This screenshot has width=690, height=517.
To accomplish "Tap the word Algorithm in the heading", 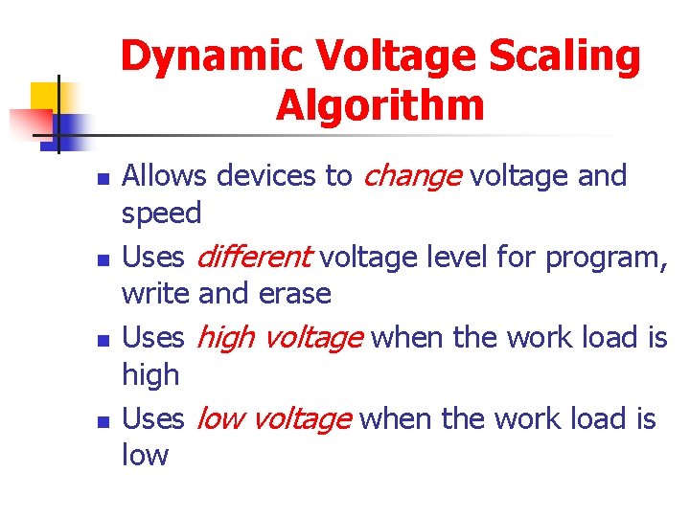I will tap(380, 105).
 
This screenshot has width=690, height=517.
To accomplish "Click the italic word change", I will tap(412, 176).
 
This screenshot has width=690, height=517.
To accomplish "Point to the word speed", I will tap(162, 213).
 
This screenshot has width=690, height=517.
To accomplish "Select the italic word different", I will tap(254, 257).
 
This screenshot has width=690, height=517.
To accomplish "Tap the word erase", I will tap(295, 293).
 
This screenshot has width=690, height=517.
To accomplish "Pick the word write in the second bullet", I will tap(155, 293).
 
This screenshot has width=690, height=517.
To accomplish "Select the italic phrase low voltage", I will tap(274, 419).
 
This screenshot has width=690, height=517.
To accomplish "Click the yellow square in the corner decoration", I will tap(45, 97).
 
